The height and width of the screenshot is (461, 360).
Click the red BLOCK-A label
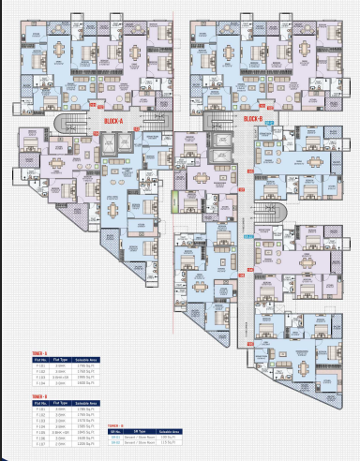[115, 119]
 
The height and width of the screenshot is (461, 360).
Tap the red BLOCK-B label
[250, 119]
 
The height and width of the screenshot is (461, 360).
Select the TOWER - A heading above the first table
[39, 352]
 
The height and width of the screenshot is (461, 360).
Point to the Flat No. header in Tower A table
[40, 358]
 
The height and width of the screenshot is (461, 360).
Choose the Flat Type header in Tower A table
[61, 358]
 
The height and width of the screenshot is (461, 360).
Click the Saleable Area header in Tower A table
[87, 358]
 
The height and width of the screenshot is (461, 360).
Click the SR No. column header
[115, 430]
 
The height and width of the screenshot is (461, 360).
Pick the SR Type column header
[137, 430]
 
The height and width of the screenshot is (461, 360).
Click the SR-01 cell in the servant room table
[115, 436]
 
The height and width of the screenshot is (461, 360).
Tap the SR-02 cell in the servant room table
[115, 441]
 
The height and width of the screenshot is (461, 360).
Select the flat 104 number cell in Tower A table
[40, 382]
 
